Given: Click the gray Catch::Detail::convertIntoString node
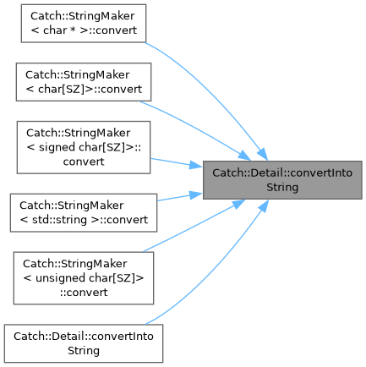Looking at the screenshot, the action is click(282, 180).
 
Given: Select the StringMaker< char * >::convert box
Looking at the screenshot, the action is click(84, 24).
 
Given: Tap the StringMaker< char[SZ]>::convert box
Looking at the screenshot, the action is click(84, 82).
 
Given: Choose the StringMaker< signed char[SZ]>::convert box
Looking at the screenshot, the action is click(84, 147).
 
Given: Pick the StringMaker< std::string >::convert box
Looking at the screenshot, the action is click(84, 213).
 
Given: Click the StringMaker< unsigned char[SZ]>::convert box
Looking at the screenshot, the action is click(84, 278).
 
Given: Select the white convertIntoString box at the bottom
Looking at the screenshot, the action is click(84, 343).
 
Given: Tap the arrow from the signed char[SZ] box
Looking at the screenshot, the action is click(177, 162).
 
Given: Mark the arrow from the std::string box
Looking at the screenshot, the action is click(180, 197).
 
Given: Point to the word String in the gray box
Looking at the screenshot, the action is click(282, 187).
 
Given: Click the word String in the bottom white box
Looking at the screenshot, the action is click(84, 351).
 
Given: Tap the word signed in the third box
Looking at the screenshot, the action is click(57, 147).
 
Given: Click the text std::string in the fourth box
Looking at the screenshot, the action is click(59, 220).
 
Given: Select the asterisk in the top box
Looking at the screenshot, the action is click(74, 30).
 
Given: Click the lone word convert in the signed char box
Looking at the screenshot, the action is click(84, 162).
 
